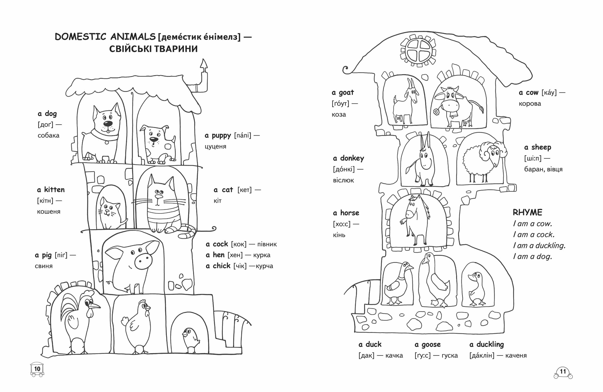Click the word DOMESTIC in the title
click(80, 37)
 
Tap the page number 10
click(37, 369)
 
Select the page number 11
click(563, 371)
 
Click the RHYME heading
click(527, 212)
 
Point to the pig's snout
click(143, 261)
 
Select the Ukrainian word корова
click(530, 104)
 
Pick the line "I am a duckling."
click(539, 245)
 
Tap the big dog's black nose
click(108, 124)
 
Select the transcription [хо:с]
click(342, 224)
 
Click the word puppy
click(221, 136)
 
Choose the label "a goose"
click(428, 345)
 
